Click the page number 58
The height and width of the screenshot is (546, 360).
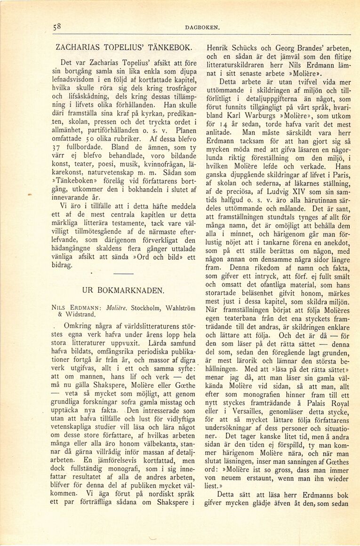click(57, 27)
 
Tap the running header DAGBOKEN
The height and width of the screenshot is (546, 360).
click(202, 28)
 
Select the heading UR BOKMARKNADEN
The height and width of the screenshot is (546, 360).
click(123, 290)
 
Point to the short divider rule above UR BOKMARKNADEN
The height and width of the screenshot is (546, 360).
click(123, 273)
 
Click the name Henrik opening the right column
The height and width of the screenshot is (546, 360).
click(217, 48)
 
